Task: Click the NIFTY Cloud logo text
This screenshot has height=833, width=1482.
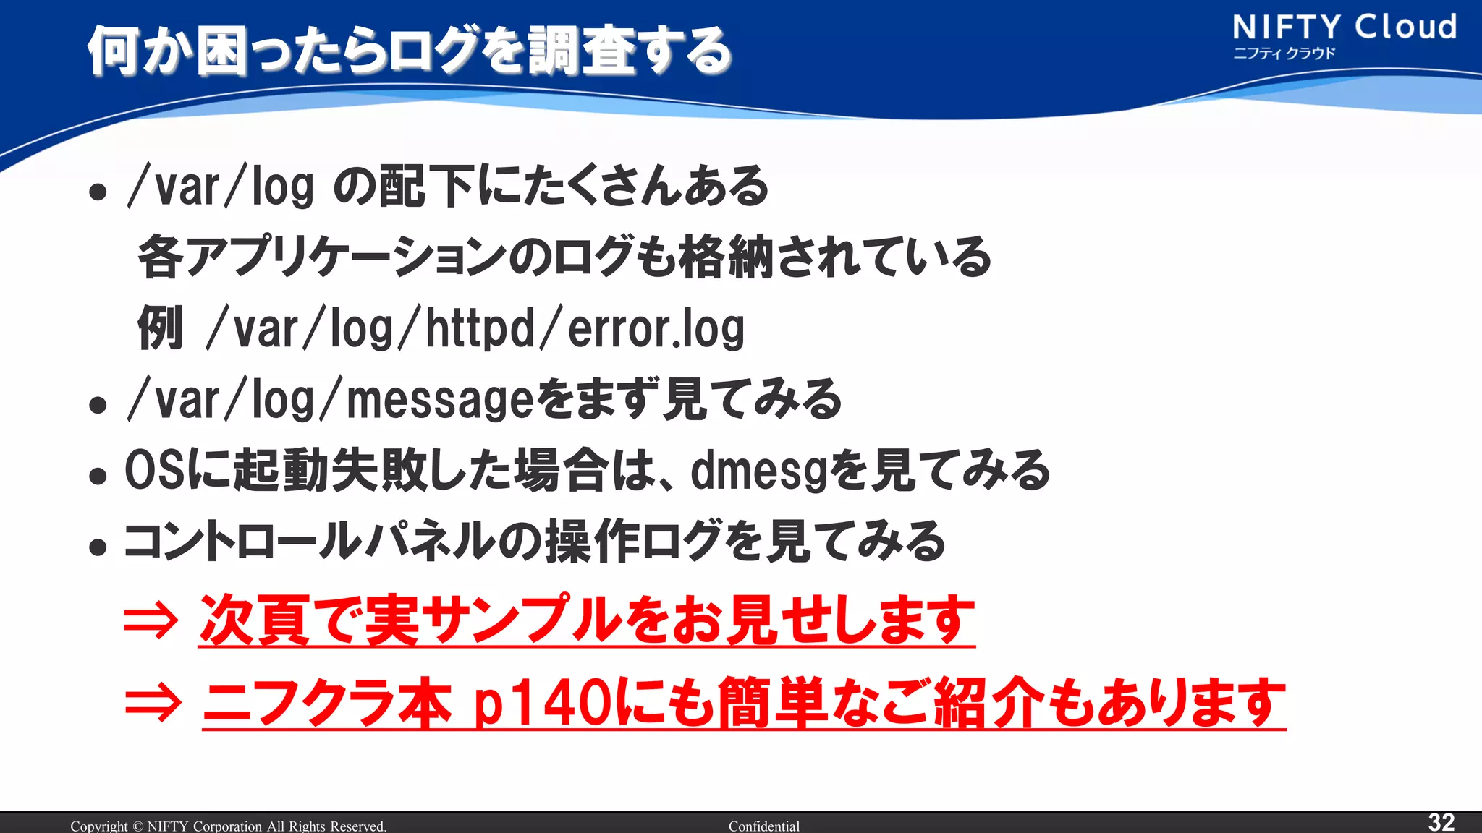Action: [1345, 27]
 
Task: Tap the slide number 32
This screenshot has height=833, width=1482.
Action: [1441, 822]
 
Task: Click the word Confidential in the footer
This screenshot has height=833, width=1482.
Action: [763, 826]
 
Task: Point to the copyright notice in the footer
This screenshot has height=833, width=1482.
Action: [228, 826]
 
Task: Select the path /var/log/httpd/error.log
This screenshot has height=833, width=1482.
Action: [475, 329]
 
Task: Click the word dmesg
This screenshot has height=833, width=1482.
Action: [758, 471]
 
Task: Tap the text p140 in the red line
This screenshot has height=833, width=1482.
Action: [542, 703]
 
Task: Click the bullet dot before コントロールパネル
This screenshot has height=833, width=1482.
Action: [98, 547]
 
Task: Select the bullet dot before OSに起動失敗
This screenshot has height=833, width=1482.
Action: [98, 477]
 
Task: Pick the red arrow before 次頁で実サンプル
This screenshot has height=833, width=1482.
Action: [151, 620]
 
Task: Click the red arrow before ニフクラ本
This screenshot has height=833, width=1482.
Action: [152, 703]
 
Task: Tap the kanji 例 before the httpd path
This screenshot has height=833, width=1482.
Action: [160, 328]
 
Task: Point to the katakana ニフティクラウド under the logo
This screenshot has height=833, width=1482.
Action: [1284, 54]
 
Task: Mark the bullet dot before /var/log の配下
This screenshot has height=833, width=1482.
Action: [98, 192]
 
